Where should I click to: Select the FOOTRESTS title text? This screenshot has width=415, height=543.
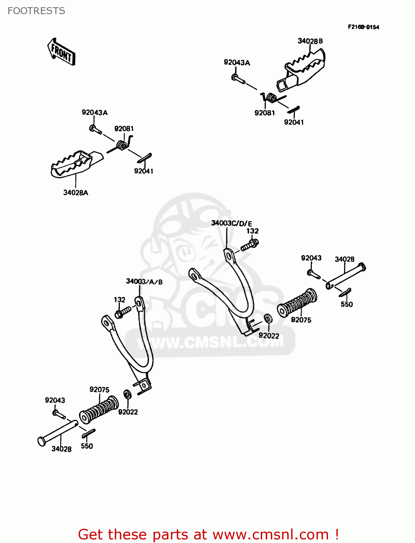(x=36, y=11)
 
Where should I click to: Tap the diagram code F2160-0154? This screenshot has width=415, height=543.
(x=363, y=27)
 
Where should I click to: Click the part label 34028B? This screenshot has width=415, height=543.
(x=310, y=41)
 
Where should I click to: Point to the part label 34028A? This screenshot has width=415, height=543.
(x=76, y=193)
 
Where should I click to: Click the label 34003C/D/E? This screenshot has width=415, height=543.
(x=231, y=223)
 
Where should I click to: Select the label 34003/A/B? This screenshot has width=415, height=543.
(x=144, y=281)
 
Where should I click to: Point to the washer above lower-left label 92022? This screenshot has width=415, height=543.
(x=127, y=394)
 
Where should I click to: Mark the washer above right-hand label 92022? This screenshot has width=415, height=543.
(x=268, y=319)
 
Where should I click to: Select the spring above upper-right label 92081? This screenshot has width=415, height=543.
(x=271, y=98)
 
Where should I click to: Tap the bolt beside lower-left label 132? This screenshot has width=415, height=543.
(x=123, y=312)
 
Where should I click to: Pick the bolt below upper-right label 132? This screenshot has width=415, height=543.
(x=250, y=245)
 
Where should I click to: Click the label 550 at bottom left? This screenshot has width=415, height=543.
(x=87, y=446)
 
